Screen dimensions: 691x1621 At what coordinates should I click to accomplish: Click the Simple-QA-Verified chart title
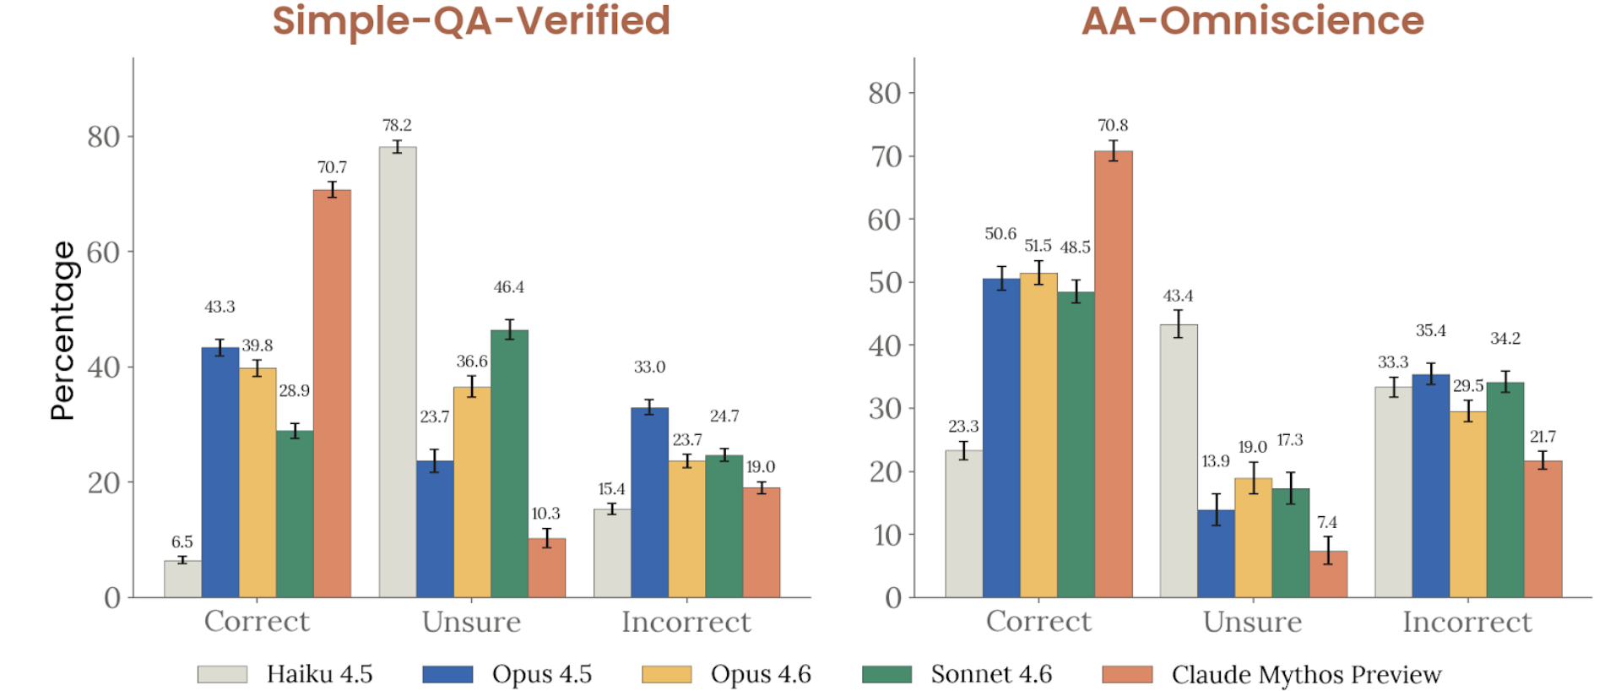[x=471, y=20]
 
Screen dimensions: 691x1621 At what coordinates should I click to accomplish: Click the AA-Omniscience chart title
[x=1252, y=20]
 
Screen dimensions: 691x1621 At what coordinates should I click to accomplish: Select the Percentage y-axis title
[x=62, y=330]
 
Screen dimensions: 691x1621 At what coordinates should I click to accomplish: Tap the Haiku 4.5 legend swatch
[x=222, y=674]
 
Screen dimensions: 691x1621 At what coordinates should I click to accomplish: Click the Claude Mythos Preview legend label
[x=1305, y=674]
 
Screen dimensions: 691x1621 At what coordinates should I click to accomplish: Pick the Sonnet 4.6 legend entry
[x=957, y=674]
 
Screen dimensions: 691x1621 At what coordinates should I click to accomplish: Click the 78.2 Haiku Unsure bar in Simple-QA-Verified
[x=397, y=372]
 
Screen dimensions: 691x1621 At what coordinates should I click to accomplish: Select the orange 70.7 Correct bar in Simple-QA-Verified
[x=332, y=393]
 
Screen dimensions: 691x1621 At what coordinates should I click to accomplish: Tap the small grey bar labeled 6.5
[x=182, y=579]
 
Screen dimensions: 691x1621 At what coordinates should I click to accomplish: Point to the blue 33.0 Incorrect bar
[x=649, y=503]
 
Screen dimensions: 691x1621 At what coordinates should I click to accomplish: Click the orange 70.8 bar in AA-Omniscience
[x=1114, y=373]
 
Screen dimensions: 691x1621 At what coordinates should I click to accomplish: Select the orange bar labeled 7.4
[x=1328, y=574]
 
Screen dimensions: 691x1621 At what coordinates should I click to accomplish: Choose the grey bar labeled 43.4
[x=1179, y=460]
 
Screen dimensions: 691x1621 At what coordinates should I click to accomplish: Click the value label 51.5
[x=1038, y=246]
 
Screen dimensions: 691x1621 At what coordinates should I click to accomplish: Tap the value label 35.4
[x=1430, y=330]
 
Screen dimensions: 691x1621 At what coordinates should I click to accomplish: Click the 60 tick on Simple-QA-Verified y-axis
[x=103, y=252]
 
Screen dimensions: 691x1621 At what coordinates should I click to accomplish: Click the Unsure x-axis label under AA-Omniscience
[x=1252, y=622]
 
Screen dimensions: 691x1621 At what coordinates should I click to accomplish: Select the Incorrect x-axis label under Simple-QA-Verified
[x=686, y=622]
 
